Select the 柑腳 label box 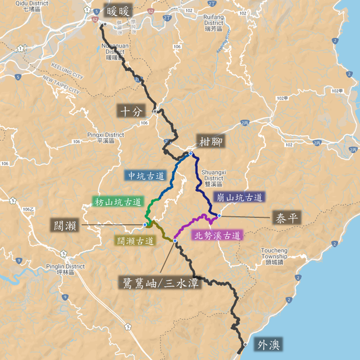coord(210,142)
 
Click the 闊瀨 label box coord(65,225)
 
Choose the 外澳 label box coord(268,345)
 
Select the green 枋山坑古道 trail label coord(118,202)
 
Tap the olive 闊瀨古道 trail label coord(135,241)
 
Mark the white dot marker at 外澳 coord(245,344)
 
